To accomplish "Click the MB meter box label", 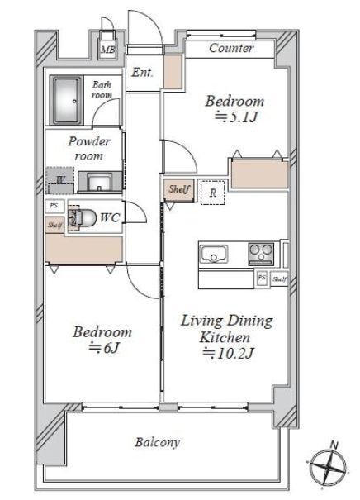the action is [x=107, y=50].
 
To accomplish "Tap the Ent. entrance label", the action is [x=142, y=73].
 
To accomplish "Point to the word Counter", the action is [x=231, y=48].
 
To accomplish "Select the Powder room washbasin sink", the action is [x=100, y=183].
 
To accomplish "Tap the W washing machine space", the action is [x=60, y=180].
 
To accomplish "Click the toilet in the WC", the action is [x=83, y=218].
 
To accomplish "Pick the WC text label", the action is [x=110, y=218].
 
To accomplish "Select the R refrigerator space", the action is [x=213, y=193].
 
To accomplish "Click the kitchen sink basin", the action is [x=214, y=255].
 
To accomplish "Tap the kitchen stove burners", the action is [x=261, y=254].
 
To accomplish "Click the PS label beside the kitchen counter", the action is [x=262, y=277].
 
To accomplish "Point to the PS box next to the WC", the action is [x=54, y=206].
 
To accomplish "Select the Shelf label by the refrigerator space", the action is [x=178, y=189].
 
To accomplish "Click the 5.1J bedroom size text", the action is [x=236, y=117].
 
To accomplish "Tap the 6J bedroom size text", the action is [x=104, y=348].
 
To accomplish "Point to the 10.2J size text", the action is [x=229, y=353].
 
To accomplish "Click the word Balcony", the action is [x=158, y=443].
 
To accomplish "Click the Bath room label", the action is [x=102, y=90].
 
